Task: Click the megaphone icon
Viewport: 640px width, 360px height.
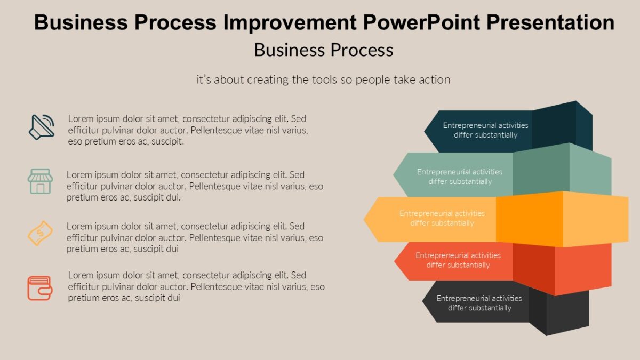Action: tap(41, 127)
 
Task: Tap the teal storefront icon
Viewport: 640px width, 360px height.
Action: tap(40, 181)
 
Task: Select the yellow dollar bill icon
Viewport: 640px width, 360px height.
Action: tap(40, 234)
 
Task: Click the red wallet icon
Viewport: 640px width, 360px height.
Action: tap(40, 288)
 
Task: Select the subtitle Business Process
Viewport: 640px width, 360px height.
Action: tap(323, 50)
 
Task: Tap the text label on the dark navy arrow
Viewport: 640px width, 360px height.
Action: tap(485, 130)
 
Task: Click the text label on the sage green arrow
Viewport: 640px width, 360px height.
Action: tap(460, 177)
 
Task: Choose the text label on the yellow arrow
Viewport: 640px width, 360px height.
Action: tap(442, 218)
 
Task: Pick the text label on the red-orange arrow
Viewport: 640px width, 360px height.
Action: tap(458, 260)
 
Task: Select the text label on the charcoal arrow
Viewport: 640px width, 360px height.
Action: tap(479, 303)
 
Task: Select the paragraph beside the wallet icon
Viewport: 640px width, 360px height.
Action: tap(196, 286)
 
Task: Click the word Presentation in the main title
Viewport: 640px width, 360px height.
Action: tap(544, 22)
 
